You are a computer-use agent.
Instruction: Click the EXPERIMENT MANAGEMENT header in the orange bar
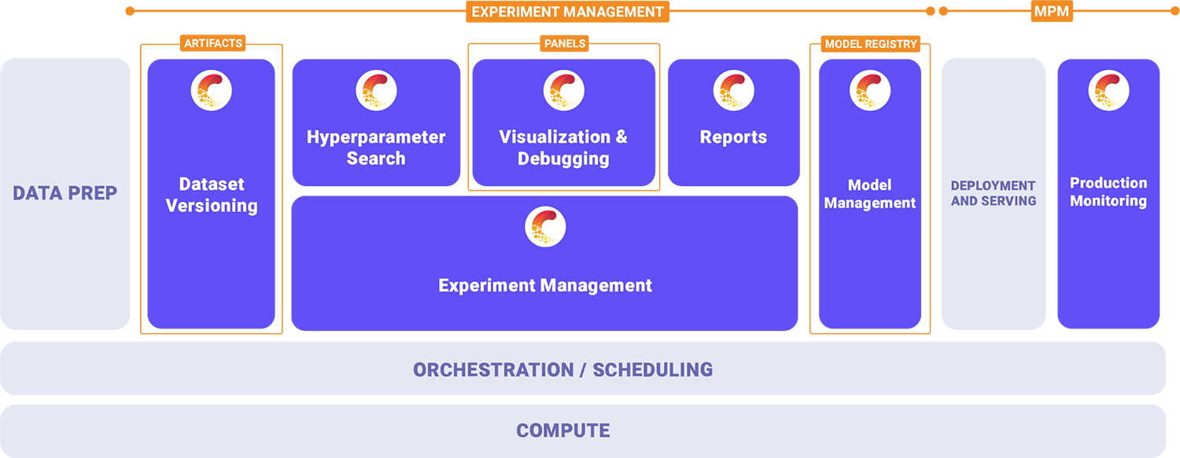pyautogui.click(x=567, y=12)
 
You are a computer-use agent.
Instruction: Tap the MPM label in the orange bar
pyautogui.click(x=1051, y=12)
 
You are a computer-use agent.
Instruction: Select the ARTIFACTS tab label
pyautogui.click(x=213, y=43)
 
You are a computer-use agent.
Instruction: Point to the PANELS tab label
pyautogui.click(x=565, y=43)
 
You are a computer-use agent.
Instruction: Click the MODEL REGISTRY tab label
pyautogui.click(x=871, y=44)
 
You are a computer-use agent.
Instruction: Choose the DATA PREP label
pyautogui.click(x=65, y=192)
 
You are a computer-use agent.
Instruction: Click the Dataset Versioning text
pyautogui.click(x=212, y=195)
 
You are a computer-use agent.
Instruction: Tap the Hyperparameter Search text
pyautogui.click(x=376, y=148)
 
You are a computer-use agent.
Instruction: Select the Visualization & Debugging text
pyautogui.click(x=563, y=148)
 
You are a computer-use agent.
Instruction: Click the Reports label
pyautogui.click(x=733, y=137)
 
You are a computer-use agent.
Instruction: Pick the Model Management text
pyautogui.click(x=870, y=194)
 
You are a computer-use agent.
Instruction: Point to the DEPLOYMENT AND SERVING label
pyautogui.click(x=993, y=193)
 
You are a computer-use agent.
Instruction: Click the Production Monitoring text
pyautogui.click(x=1108, y=192)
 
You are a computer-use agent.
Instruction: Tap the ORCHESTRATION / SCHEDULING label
pyautogui.click(x=563, y=369)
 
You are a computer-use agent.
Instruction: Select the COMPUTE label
pyautogui.click(x=563, y=431)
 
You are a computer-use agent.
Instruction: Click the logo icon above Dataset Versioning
pyautogui.click(x=212, y=90)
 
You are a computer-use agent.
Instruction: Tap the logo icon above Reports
pyautogui.click(x=734, y=90)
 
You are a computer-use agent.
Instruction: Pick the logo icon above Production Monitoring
pyautogui.click(x=1108, y=90)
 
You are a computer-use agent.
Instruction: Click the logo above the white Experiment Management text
pyautogui.click(x=545, y=228)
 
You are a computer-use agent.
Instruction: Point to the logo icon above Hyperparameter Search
pyautogui.click(x=376, y=90)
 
